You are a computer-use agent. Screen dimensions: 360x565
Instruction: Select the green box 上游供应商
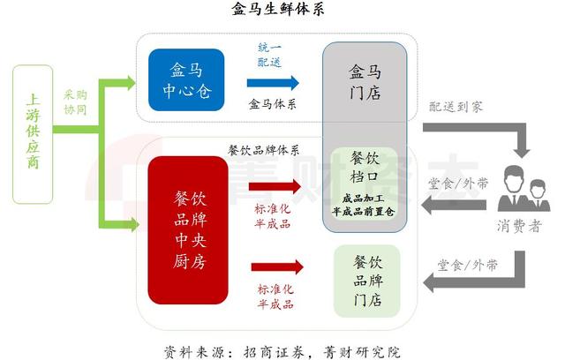(34, 132)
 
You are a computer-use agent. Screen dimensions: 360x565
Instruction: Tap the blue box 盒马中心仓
(186, 80)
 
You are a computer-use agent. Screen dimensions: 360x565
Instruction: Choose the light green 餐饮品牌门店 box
(365, 281)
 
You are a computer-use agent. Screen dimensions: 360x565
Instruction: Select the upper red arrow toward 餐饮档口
(275, 187)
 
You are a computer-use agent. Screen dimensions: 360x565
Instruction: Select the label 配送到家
(457, 105)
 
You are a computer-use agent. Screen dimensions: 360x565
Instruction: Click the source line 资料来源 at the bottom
(282, 349)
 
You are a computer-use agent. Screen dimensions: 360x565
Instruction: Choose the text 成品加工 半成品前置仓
(365, 206)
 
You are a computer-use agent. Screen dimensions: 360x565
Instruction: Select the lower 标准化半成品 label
(276, 297)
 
